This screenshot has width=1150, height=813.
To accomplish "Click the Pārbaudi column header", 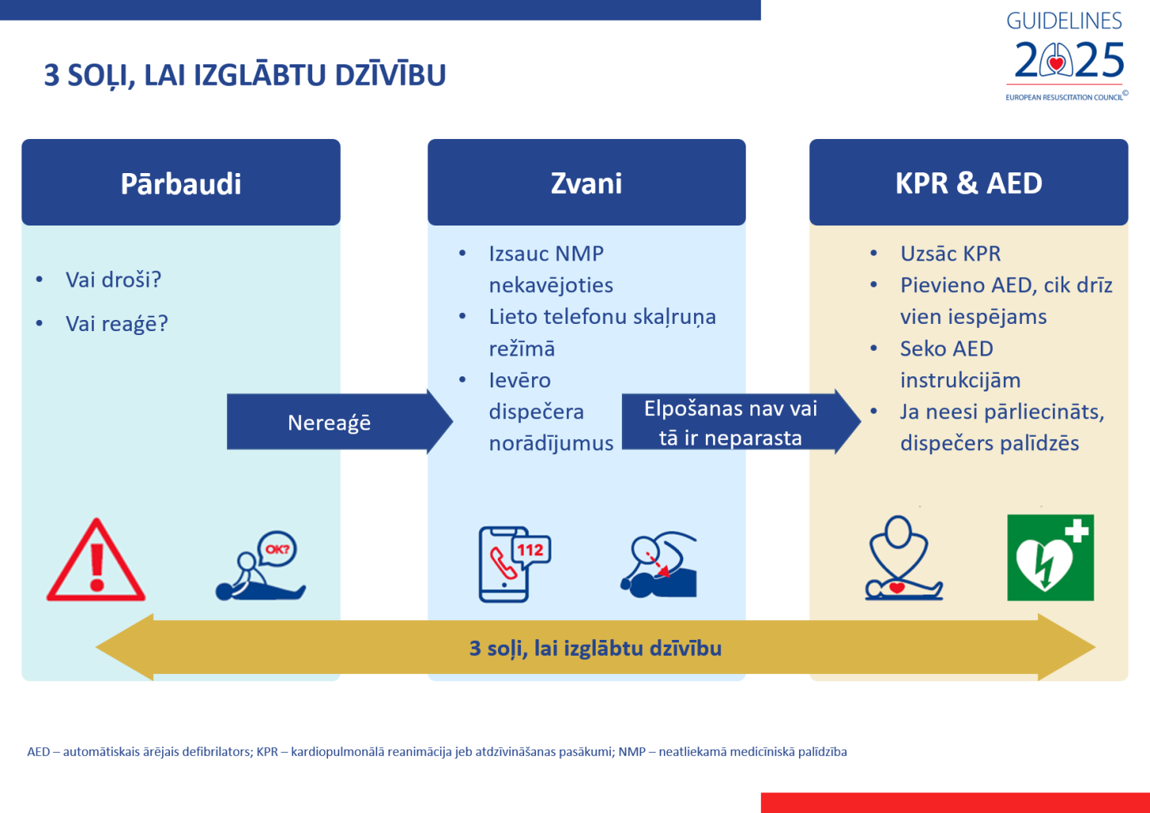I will click(x=181, y=183).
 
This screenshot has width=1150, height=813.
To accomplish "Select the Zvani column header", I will click(x=586, y=183).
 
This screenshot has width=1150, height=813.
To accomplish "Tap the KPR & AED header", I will click(x=968, y=183).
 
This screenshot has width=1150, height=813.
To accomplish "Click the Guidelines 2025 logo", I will click(x=1065, y=56).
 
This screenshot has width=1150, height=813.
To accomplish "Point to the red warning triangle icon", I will click(x=96, y=561).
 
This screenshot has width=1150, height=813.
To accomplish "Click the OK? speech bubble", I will click(x=276, y=549).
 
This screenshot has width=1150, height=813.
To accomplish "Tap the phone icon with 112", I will click(x=514, y=564).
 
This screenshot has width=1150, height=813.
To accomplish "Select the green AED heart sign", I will click(x=1050, y=557).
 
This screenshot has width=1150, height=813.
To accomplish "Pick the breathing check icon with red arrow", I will click(x=658, y=564).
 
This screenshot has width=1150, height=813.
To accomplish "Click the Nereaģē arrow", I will click(x=330, y=422).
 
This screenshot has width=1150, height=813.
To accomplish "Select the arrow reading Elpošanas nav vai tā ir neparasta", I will click(x=731, y=422).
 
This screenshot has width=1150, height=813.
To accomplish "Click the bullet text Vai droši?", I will click(x=114, y=279).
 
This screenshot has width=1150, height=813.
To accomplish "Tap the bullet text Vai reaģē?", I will click(x=117, y=324).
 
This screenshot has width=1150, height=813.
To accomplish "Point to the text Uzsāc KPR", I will click(x=950, y=253).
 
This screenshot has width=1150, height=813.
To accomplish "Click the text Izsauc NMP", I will click(x=546, y=253).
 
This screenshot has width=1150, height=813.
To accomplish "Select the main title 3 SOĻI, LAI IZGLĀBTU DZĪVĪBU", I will click(x=245, y=75).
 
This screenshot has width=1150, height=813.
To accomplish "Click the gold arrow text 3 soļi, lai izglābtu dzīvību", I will click(x=596, y=648).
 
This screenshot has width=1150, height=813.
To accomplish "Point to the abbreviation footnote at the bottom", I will click(x=437, y=751).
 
